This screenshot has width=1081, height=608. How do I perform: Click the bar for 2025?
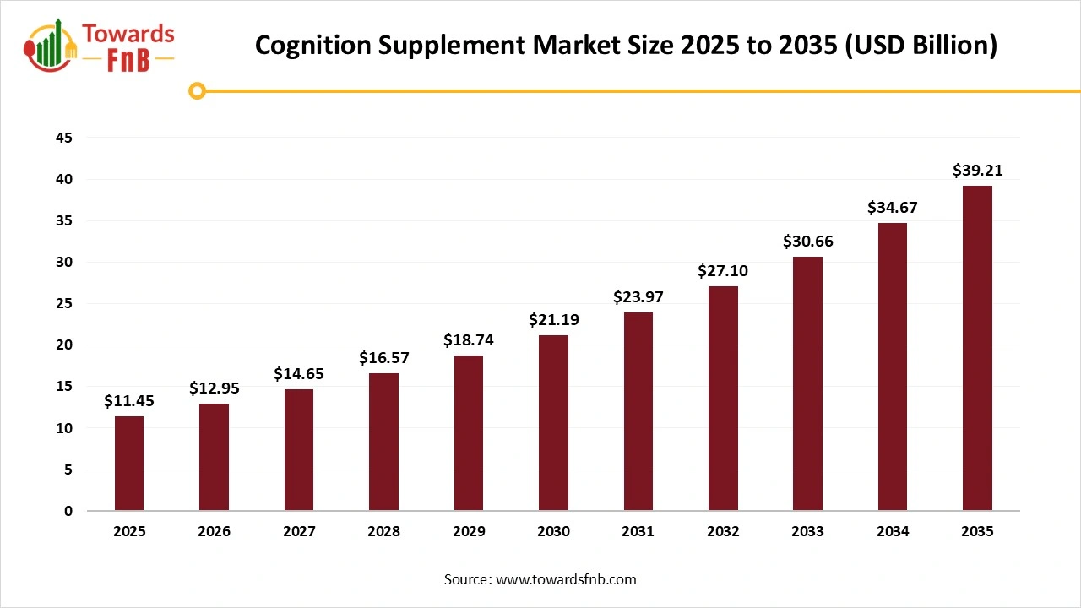tap(129, 464)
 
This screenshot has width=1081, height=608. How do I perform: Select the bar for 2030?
tap(553, 423)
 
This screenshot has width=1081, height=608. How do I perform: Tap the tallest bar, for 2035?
tap(977, 348)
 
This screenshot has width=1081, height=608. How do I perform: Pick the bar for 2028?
tap(383, 442)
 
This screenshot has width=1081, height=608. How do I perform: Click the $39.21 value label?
tap(977, 171)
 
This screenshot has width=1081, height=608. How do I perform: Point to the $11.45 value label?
tap(129, 401)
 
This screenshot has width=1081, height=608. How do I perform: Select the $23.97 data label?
tap(638, 297)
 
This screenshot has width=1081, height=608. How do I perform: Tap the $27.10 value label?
tap(723, 271)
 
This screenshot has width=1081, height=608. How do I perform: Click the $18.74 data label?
tap(469, 340)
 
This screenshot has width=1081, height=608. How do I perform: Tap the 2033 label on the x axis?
tap(807, 532)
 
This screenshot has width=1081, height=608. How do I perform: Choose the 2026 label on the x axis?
tap(214, 532)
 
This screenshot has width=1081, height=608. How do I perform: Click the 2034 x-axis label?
tap(893, 532)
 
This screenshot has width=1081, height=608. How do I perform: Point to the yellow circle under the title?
tap(198, 90)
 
